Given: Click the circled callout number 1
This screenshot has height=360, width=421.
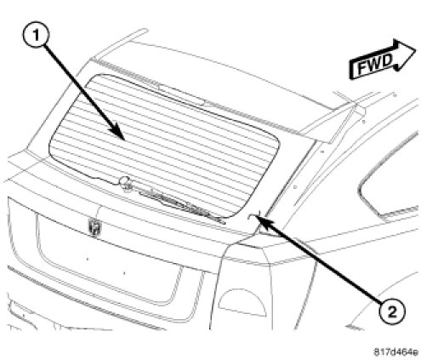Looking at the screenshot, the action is tap(36, 35).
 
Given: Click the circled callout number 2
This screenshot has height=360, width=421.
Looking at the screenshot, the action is tap(393, 312).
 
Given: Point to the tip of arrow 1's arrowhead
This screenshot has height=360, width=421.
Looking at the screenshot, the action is tap(125, 140).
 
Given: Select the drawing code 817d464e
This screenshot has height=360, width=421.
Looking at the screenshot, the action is tap(396, 352).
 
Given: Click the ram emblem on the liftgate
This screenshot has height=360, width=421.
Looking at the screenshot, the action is tap(94, 226).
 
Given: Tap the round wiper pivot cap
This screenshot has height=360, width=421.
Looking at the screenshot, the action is tap(124, 181).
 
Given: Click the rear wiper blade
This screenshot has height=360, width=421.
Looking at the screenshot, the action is tap(181, 205).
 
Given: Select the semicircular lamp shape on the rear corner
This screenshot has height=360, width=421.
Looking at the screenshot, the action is tap(242, 301).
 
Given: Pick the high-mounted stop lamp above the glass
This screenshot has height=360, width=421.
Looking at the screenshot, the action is tap(181, 94).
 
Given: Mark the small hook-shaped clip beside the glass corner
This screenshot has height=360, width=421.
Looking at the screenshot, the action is tap(251, 217).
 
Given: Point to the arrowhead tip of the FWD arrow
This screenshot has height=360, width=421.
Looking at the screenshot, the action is tap(416, 51).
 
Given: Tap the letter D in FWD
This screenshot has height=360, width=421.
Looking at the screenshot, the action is tap(388, 60).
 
